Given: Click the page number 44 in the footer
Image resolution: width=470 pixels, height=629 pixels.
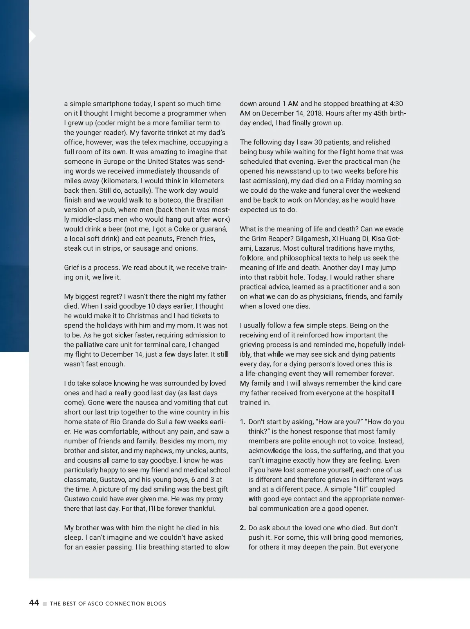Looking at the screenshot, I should click(x=34, y=603).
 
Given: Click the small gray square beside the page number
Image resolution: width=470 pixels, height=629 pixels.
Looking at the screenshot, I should click(x=45, y=604).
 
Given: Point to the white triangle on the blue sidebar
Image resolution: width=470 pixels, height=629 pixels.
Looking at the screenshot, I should click(x=33, y=36).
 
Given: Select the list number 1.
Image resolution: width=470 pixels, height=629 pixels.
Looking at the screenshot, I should click(x=242, y=422).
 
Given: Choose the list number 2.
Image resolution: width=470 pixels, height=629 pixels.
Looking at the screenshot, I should click(x=242, y=528).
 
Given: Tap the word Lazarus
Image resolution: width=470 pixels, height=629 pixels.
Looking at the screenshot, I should click(x=268, y=248).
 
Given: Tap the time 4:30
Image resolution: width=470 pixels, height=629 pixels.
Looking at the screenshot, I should click(x=396, y=104).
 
